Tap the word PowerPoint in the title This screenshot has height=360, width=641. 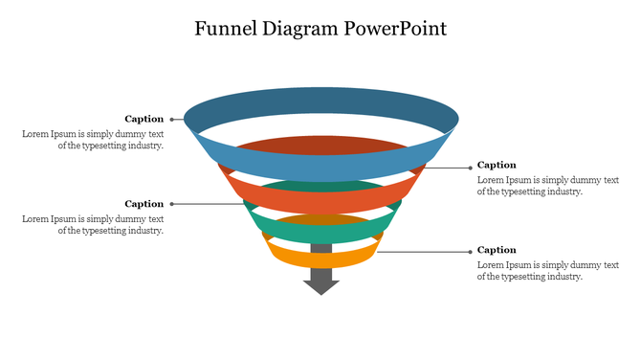point(397,29)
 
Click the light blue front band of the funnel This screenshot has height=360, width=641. point(320,168)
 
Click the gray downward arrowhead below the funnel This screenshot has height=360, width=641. point(320,284)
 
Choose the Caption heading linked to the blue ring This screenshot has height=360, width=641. point(144,119)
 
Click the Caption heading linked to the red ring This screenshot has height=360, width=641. point(497,165)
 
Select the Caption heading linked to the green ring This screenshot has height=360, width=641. point(144,203)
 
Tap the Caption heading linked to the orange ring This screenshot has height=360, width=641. point(497,250)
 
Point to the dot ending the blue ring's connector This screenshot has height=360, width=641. point(171,120)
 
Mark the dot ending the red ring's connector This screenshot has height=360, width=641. point(470,167)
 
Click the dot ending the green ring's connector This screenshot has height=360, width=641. point(171,204)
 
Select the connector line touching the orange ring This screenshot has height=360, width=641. point(421,252)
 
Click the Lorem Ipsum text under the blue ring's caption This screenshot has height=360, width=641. point(93,140)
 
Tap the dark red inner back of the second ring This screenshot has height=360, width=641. point(320,145)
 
